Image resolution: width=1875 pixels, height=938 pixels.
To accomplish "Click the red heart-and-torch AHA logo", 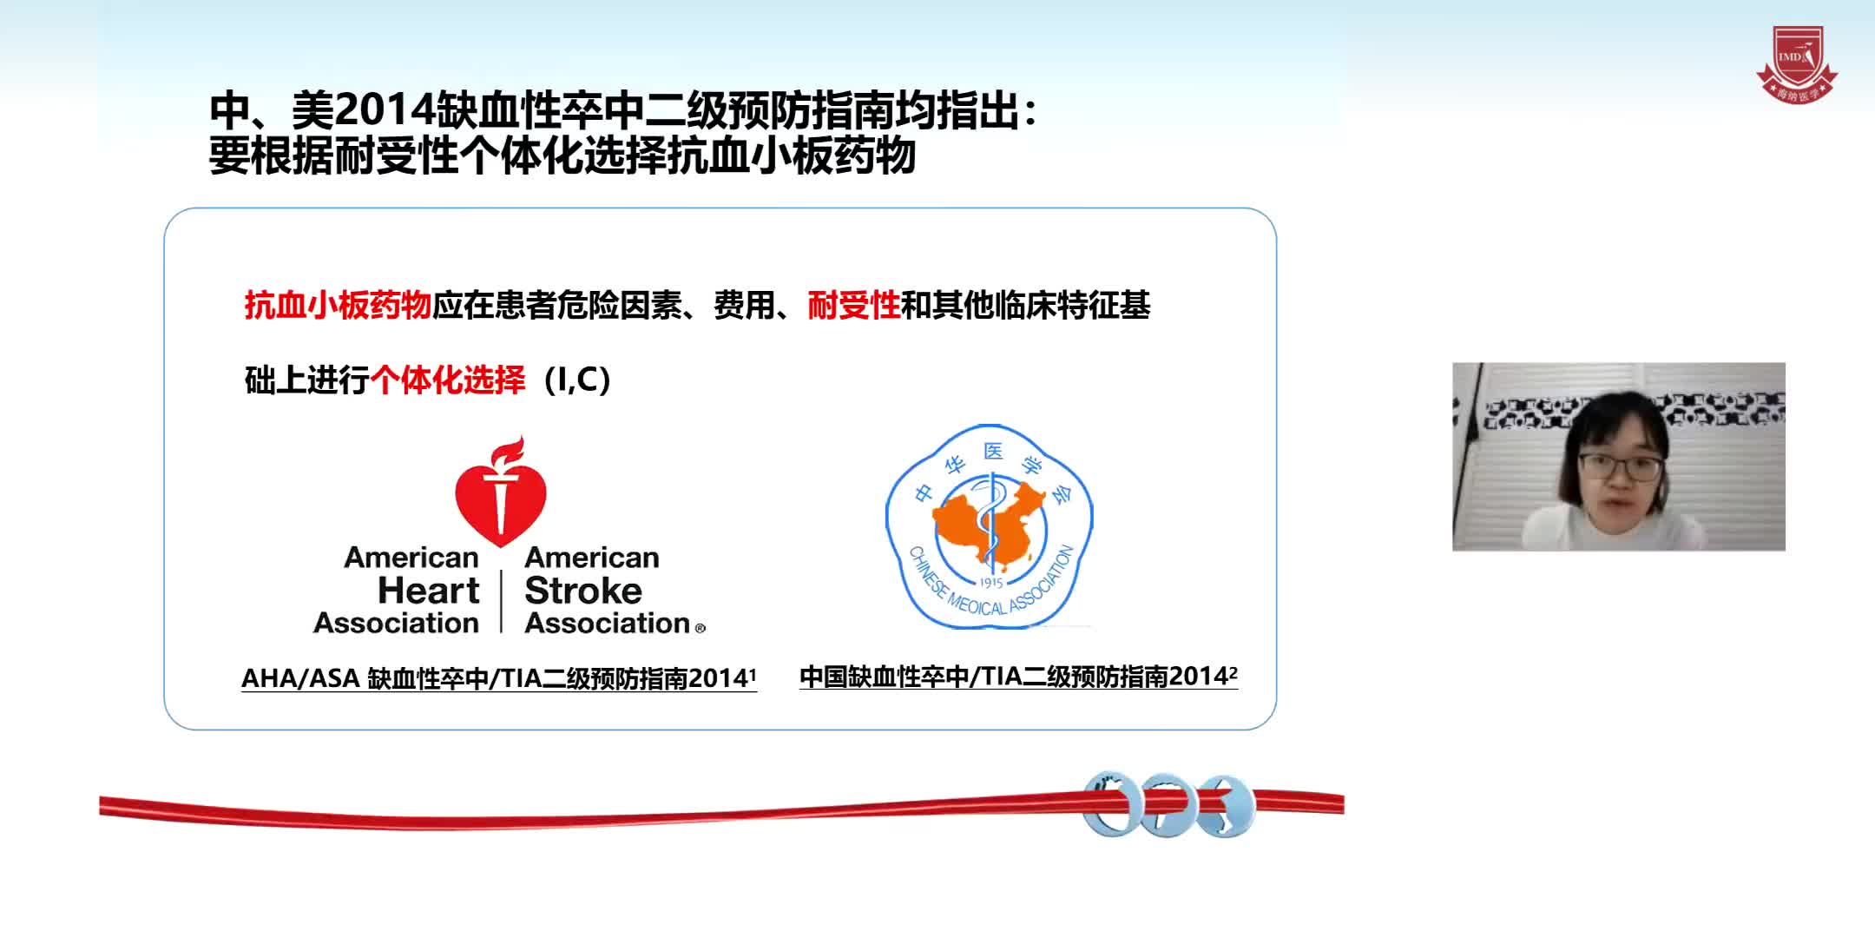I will [501, 495].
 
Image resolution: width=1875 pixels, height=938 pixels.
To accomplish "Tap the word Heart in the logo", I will [428, 591].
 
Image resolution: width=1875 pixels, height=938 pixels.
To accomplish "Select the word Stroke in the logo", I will [583, 591].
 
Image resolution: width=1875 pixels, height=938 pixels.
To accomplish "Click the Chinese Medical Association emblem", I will [990, 526].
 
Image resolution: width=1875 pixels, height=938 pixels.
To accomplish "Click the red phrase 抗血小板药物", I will [338, 306].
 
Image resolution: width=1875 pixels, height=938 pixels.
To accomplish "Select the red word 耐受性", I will [853, 306].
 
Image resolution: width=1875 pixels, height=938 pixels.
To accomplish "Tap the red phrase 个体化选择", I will [448, 380].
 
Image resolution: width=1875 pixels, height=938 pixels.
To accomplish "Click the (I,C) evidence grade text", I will [577, 380].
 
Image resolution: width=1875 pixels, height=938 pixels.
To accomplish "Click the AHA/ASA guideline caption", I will [498, 678].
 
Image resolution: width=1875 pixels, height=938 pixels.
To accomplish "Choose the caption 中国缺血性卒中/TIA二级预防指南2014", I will [1018, 677].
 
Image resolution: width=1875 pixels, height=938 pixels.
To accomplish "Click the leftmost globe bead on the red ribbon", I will [1112, 803].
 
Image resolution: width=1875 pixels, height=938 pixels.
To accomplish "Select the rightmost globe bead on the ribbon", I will [1225, 806].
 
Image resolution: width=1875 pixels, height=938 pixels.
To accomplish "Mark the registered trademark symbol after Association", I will [701, 628].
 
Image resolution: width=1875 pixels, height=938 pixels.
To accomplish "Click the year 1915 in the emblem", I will [990, 583].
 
